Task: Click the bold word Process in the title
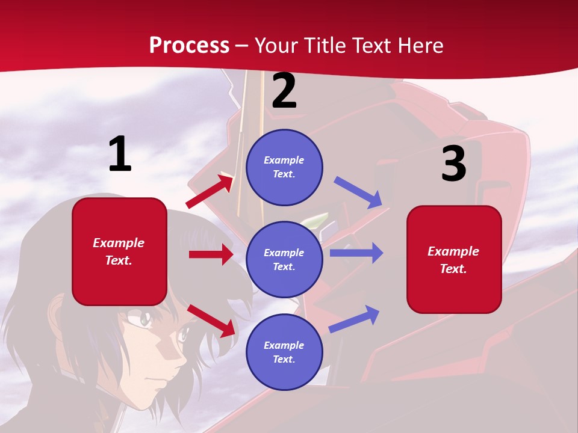pyautogui.click(x=189, y=45)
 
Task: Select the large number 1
pyautogui.click(x=120, y=155)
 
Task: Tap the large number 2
pyautogui.click(x=284, y=91)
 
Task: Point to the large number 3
pyautogui.click(x=453, y=164)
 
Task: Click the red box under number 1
pyautogui.click(x=119, y=251)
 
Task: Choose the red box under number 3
pyautogui.click(x=454, y=259)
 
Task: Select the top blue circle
pyautogui.click(x=284, y=167)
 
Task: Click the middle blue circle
pyautogui.click(x=284, y=259)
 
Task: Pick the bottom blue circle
pyautogui.click(x=284, y=352)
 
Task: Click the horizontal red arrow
pyautogui.click(x=211, y=254)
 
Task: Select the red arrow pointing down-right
pyautogui.click(x=211, y=321)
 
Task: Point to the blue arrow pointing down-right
pyautogui.click(x=358, y=192)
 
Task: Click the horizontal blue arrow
pyautogui.click(x=356, y=253)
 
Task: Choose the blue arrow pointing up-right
pyautogui.click(x=355, y=319)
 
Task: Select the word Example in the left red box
pyautogui.click(x=119, y=243)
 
